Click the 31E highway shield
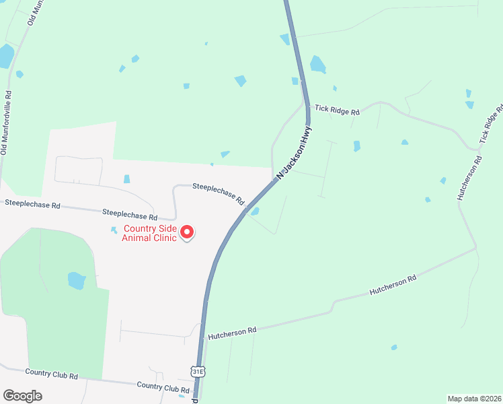pos(198,371)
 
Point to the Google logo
pos(22,396)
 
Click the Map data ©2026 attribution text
pos(474,398)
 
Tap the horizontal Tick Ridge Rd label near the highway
pos(337,110)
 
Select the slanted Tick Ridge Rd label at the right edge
pos(492,123)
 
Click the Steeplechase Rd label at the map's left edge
pos(32,203)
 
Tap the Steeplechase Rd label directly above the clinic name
pos(129,214)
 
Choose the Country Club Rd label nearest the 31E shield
pos(162,387)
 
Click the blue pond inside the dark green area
pos(77,280)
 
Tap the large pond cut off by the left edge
pos(5,57)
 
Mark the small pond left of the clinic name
pos(114,230)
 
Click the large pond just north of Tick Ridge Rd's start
pos(317,65)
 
